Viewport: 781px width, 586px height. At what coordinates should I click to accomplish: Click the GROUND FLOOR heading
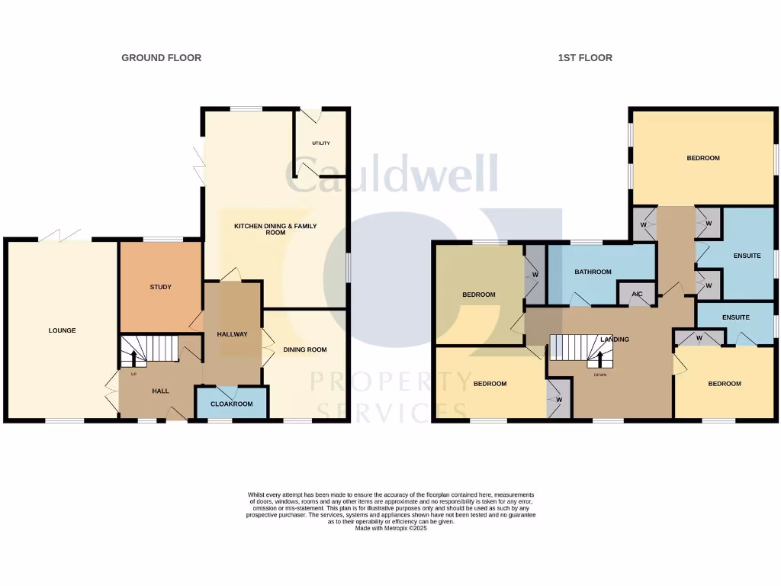161,58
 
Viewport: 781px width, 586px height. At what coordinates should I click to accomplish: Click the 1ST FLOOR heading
584,58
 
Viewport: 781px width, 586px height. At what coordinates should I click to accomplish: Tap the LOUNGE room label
62,330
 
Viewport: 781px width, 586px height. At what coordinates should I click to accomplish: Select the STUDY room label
160,288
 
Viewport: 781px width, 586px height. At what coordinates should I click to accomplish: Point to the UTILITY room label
321,143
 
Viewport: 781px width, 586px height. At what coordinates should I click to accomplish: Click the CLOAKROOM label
231,404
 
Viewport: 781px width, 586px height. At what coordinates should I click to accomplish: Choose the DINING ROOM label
305,349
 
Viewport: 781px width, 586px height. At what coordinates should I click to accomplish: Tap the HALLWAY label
232,334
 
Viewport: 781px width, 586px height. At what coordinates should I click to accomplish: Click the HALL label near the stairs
160,391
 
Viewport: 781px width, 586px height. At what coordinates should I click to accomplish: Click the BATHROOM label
593,272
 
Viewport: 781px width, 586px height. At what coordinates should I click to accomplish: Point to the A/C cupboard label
637,293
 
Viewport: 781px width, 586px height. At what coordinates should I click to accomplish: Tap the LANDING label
615,339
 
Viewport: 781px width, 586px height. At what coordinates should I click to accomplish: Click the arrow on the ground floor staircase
134,357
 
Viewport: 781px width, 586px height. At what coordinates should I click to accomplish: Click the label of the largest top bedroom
702,158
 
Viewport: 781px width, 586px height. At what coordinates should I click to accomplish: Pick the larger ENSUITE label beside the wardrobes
747,256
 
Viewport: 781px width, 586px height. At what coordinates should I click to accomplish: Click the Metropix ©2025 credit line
390,528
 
